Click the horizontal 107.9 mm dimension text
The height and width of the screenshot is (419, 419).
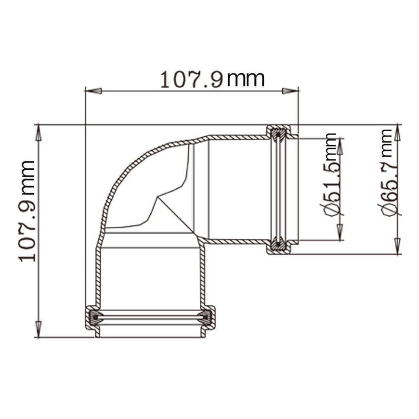(212, 79)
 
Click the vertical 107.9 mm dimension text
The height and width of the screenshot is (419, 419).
(27, 211)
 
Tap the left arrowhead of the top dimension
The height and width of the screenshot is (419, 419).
(93, 91)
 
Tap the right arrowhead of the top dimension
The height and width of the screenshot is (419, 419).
(290, 91)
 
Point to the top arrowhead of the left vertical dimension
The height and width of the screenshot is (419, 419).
(39, 132)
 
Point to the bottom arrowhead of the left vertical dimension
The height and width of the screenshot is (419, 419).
(39, 330)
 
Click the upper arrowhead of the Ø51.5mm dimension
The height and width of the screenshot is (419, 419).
(340, 146)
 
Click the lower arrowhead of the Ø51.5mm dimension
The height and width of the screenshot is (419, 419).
(340, 232)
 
